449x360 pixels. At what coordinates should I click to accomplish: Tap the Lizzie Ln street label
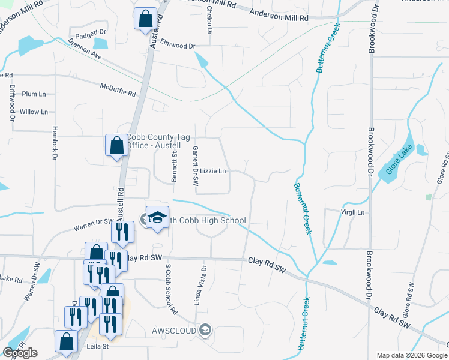pos(212,172)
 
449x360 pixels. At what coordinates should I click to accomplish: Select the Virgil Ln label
pos(352,212)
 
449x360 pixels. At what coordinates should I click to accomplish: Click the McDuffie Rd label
pos(118,89)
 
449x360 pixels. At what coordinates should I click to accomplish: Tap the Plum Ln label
pos(34,94)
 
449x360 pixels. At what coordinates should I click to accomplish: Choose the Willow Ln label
pos(34,112)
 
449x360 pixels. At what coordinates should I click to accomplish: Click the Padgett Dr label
pos(91,31)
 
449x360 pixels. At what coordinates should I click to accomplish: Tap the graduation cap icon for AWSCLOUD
pos(205,330)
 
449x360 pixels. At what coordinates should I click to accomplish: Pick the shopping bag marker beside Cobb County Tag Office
pos(116,145)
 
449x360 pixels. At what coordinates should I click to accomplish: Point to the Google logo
pos(20,353)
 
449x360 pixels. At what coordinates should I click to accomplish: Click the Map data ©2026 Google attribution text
pos(411,355)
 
